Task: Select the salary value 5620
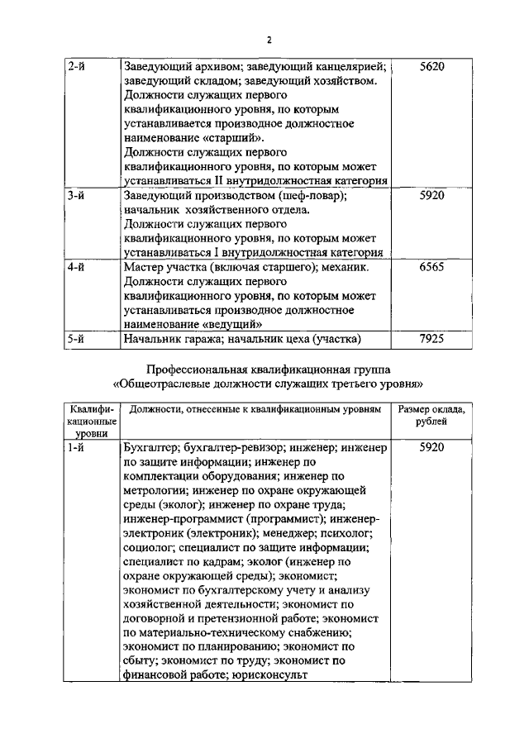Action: coord(432,67)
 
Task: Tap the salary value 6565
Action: coord(432,268)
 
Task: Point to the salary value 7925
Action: coord(432,338)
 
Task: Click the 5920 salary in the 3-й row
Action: coord(432,197)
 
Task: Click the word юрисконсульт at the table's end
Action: coord(269,674)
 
